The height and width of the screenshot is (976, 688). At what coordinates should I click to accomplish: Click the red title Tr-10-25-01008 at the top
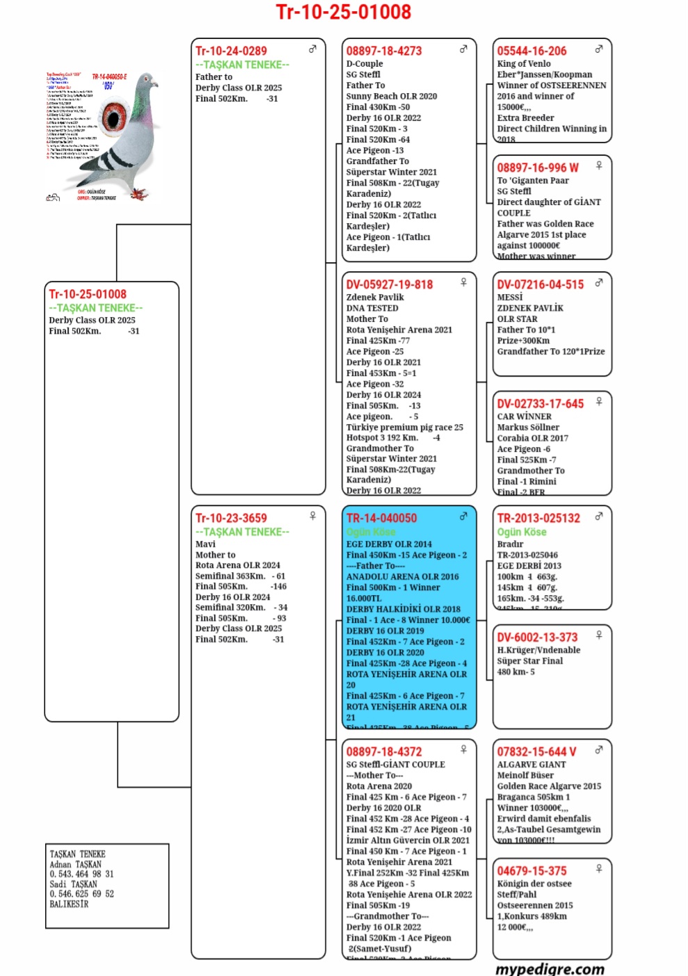coord(344,12)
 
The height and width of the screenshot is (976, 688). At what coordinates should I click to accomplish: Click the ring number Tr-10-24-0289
coord(231,51)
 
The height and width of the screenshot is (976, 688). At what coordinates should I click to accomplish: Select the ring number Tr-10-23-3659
coord(231,518)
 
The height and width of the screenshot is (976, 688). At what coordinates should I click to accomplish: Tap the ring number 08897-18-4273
coord(384,51)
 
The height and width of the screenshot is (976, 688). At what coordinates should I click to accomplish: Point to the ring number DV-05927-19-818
coord(390,284)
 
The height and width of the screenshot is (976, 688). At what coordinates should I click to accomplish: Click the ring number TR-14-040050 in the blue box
coord(382,518)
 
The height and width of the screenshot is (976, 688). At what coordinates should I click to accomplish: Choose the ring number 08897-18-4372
coord(384,751)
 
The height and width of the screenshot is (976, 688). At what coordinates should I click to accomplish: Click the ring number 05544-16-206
coord(531,51)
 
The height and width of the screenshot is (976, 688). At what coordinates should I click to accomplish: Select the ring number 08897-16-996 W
coord(538,168)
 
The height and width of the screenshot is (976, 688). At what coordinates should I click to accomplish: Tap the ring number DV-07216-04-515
coord(541,284)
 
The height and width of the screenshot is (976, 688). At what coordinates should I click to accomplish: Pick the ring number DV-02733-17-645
coord(541,404)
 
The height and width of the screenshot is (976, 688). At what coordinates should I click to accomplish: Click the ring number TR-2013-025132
coord(538,518)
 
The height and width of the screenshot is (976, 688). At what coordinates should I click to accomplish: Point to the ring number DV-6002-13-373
coord(537,637)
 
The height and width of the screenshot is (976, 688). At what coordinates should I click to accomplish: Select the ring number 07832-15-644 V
coord(536,751)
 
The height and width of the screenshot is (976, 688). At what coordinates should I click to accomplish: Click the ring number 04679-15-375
coord(531,871)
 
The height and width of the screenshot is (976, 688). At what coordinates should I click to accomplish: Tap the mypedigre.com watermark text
coord(550,968)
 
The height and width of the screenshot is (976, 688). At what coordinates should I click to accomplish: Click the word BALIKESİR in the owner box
coord(69,904)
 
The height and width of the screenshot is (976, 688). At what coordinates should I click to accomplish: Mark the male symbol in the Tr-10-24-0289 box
coord(313,49)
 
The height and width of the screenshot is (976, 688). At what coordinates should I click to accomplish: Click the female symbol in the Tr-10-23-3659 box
coord(313,516)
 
